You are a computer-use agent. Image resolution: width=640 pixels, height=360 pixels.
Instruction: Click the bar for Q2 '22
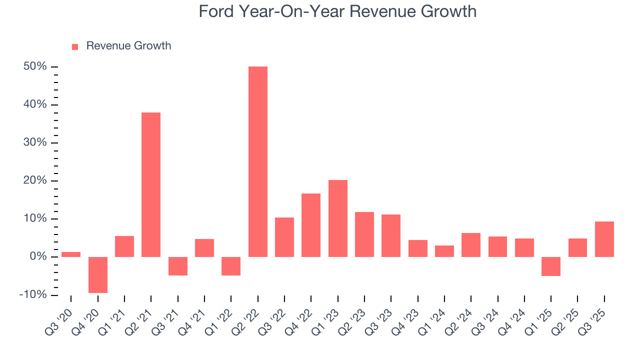point(257,161)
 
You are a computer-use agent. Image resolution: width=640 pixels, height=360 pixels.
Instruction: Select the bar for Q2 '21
point(151,184)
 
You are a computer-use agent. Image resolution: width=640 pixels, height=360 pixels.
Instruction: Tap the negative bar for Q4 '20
point(97,274)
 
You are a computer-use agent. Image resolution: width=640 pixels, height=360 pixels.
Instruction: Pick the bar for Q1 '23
point(337,218)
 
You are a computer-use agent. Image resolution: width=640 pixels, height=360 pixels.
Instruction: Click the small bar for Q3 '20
point(71,254)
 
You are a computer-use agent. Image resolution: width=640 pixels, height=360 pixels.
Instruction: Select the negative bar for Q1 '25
point(551,266)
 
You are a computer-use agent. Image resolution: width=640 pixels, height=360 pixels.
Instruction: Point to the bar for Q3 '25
point(604,239)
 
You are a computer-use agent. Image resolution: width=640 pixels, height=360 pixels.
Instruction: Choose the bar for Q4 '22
point(311,225)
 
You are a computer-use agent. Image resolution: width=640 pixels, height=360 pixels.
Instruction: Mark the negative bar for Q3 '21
point(177,266)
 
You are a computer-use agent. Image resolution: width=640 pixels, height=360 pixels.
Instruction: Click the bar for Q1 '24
point(444,251)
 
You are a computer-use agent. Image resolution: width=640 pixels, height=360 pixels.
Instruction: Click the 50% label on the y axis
point(35,67)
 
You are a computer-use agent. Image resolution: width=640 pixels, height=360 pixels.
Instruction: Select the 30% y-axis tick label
point(35,143)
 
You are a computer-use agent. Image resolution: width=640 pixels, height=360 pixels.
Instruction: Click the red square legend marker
point(75,46)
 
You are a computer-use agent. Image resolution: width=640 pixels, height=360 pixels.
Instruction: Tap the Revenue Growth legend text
point(128,46)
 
